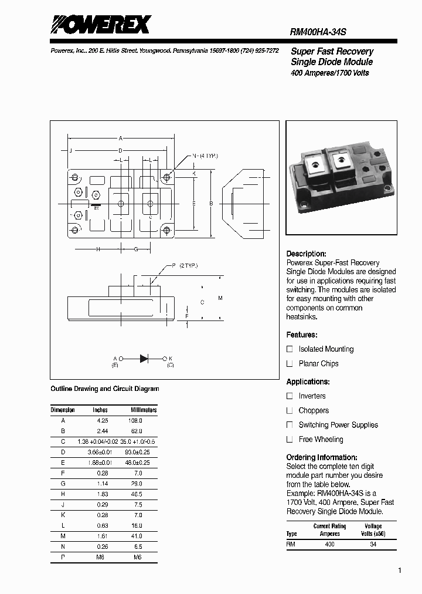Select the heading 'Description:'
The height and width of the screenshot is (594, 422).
click(x=306, y=254)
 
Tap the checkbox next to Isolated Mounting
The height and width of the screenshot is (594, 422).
click(x=290, y=349)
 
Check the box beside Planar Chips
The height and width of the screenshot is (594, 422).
click(x=290, y=363)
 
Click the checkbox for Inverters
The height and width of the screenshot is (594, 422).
click(x=290, y=396)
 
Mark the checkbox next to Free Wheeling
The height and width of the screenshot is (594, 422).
click(x=290, y=439)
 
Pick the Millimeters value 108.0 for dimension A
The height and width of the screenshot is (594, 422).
click(x=135, y=421)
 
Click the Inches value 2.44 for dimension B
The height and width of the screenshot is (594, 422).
click(x=102, y=431)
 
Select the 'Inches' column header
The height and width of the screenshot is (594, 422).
click(x=100, y=410)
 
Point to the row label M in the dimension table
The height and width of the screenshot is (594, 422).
click(x=63, y=535)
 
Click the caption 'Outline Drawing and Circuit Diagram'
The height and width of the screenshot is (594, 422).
click(x=105, y=389)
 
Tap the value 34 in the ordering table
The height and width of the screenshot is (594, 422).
click(x=373, y=544)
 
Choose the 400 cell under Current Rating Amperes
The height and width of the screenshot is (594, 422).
click(x=330, y=544)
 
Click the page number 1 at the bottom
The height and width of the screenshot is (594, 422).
click(x=399, y=571)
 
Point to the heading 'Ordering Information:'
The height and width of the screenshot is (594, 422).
click(x=321, y=457)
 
